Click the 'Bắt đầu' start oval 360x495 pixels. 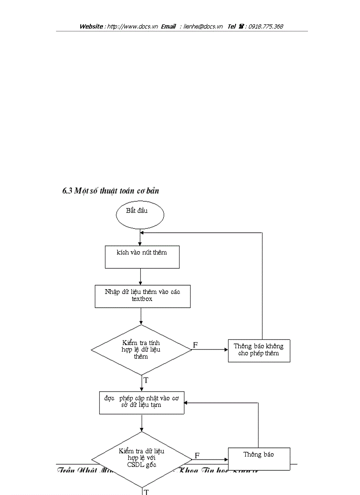[x=140, y=215]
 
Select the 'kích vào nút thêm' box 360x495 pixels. [x=142, y=257]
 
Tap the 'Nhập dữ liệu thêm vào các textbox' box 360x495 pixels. [x=142, y=296]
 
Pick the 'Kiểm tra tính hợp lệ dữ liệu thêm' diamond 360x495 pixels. [x=141, y=350]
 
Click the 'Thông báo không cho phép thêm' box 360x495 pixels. [x=259, y=350]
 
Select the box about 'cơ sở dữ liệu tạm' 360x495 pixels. [x=142, y=402]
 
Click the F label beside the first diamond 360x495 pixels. [x=195, y=345]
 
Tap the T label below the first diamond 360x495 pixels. [x=146, y=380]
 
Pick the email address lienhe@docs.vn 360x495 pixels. [x=203, y=26]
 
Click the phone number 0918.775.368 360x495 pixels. [x=266, y=26]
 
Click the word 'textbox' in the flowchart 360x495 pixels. [x=142, y=299]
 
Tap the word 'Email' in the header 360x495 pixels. [x=168, y=26]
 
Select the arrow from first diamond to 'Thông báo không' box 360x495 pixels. [x=210, y=350]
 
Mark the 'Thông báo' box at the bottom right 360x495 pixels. [x=259, y=458]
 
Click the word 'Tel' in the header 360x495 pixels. [x=232, y=26]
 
